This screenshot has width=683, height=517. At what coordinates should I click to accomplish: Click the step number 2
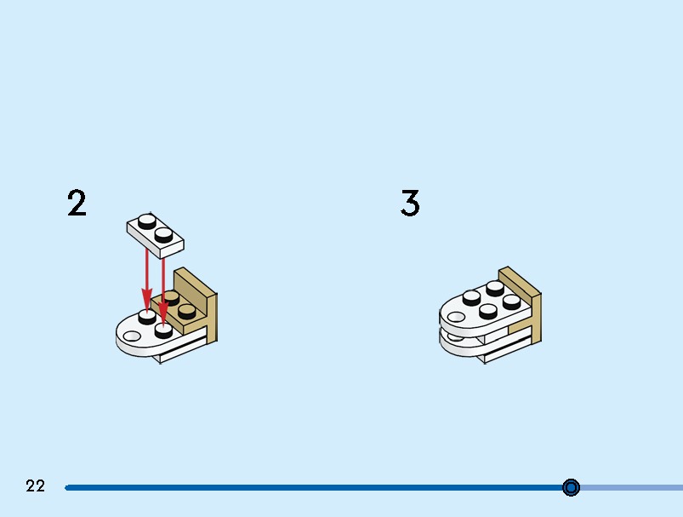coord(77,203)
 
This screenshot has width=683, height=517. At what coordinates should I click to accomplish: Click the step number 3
coord(410,203)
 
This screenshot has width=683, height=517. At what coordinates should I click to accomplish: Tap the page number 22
coord(35,485)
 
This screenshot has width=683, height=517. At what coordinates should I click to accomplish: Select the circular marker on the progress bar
coord(571,487)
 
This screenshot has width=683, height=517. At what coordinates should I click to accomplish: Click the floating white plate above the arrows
coord(156,235)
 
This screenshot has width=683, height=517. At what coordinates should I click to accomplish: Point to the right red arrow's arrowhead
coord(163,313)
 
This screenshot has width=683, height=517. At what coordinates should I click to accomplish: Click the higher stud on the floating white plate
coord(147,221)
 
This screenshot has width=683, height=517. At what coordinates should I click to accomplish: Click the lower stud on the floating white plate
coord(164,235)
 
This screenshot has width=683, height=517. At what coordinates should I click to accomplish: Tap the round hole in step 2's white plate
coord(132,336)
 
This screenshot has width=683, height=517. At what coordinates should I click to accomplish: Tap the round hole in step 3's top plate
coord(456,317)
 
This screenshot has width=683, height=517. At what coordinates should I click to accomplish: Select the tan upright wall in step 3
coord(520,304)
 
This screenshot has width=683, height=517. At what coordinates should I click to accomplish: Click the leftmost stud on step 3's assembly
coord(472,297)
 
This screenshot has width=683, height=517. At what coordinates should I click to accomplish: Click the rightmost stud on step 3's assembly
coord(511,302)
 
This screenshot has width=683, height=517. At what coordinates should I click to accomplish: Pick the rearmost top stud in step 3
coord(495,289)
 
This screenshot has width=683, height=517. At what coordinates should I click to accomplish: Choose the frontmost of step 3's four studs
coord(488,311)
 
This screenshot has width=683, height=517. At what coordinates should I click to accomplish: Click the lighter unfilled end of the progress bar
coord(632,487)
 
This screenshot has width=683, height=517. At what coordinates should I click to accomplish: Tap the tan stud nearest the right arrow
coord(171,298)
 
